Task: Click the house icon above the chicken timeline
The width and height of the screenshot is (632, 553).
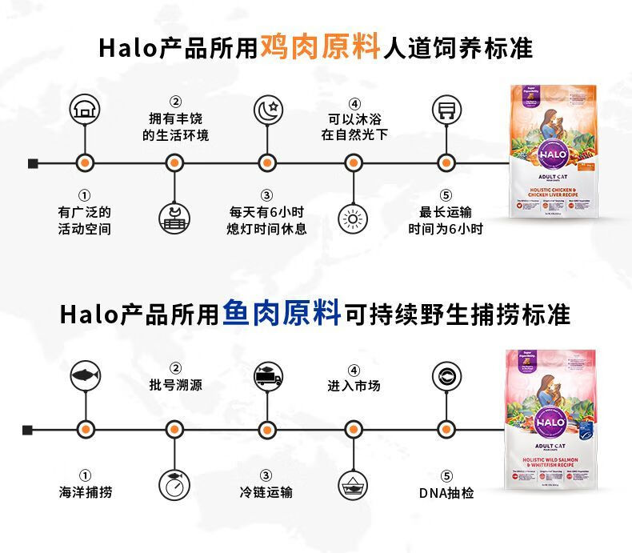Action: [x=84, y=110]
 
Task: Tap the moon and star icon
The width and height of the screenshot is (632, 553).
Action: [x=267, y=110]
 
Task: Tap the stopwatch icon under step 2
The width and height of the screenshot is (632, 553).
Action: [x=174, y=483]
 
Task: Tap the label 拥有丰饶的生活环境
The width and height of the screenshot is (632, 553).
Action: [x=175, y=127]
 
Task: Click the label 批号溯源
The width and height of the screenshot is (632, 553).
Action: [x=175, y=385]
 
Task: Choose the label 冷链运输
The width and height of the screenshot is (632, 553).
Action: [x=266, y=492]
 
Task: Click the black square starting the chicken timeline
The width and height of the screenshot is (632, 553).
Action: [x=33, y=163]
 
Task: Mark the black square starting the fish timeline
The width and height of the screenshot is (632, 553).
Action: [x=28, y=430]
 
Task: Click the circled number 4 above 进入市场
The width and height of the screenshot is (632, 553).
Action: [x=354, y=369]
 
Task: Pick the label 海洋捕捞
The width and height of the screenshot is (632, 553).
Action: [x=84, y=492]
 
